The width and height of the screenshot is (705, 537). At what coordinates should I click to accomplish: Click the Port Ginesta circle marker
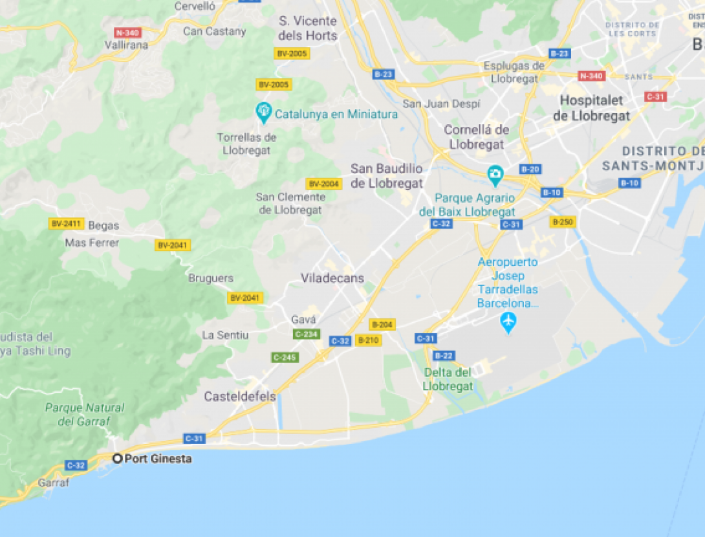118,459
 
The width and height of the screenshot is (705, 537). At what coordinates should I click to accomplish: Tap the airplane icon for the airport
509,322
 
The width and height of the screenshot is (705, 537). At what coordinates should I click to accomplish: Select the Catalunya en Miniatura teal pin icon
264,113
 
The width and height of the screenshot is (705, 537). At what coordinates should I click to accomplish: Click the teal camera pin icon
495,174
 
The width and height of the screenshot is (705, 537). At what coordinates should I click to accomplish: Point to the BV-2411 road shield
66,224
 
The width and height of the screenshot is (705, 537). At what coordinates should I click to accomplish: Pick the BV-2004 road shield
323,184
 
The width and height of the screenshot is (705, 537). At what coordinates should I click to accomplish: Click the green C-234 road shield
306,334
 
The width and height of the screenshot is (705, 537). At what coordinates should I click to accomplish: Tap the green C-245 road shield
285,357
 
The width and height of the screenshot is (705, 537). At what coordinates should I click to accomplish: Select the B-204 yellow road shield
382,325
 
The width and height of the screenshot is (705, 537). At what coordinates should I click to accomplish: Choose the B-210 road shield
368,340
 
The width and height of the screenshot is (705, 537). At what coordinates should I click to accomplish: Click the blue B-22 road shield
444,356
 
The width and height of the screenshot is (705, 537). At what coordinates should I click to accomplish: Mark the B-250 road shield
562,222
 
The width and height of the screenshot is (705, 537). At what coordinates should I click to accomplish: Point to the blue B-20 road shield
530,170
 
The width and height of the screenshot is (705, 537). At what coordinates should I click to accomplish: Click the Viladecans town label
332,278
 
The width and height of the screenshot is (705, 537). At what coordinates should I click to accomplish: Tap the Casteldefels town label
240,397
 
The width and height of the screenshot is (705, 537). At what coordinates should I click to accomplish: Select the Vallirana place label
126,45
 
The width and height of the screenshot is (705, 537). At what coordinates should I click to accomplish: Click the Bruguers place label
210,278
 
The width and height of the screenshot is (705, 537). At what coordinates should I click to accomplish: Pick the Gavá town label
303,320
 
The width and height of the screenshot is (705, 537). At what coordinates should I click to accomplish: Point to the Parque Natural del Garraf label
85,415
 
